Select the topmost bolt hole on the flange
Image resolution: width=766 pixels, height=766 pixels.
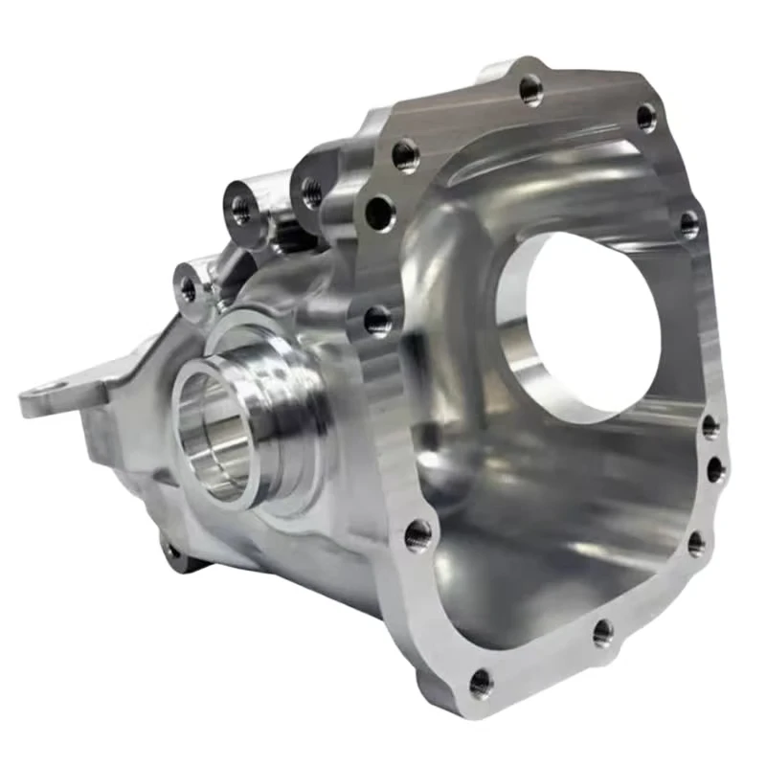(x=530, y=89)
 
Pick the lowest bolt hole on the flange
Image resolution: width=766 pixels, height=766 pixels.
(x=482, y=683)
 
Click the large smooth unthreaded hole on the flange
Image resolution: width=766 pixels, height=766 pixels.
(x=380, y=213)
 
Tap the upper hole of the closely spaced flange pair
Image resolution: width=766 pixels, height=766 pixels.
(x=710, y=427)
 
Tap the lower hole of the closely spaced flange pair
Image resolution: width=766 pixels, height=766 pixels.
(x=715, y=469)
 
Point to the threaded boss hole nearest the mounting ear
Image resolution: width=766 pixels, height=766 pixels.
(x=188, y=286)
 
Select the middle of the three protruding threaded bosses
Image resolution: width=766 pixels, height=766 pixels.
(x=239, y=208)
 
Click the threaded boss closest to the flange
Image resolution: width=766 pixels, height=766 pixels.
(x=311, y=191)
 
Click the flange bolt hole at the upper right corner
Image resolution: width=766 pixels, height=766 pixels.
(x=647, y=117)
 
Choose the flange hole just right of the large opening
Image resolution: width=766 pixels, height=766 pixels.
(x=689, y=224)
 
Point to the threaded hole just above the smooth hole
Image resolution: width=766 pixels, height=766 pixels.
(x=405, y=154)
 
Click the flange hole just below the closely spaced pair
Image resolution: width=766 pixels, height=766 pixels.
(x=696, y=544)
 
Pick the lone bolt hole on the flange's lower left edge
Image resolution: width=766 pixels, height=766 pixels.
(x=417, y=535)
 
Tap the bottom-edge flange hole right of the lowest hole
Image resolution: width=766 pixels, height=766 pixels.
(x=602, y=632)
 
